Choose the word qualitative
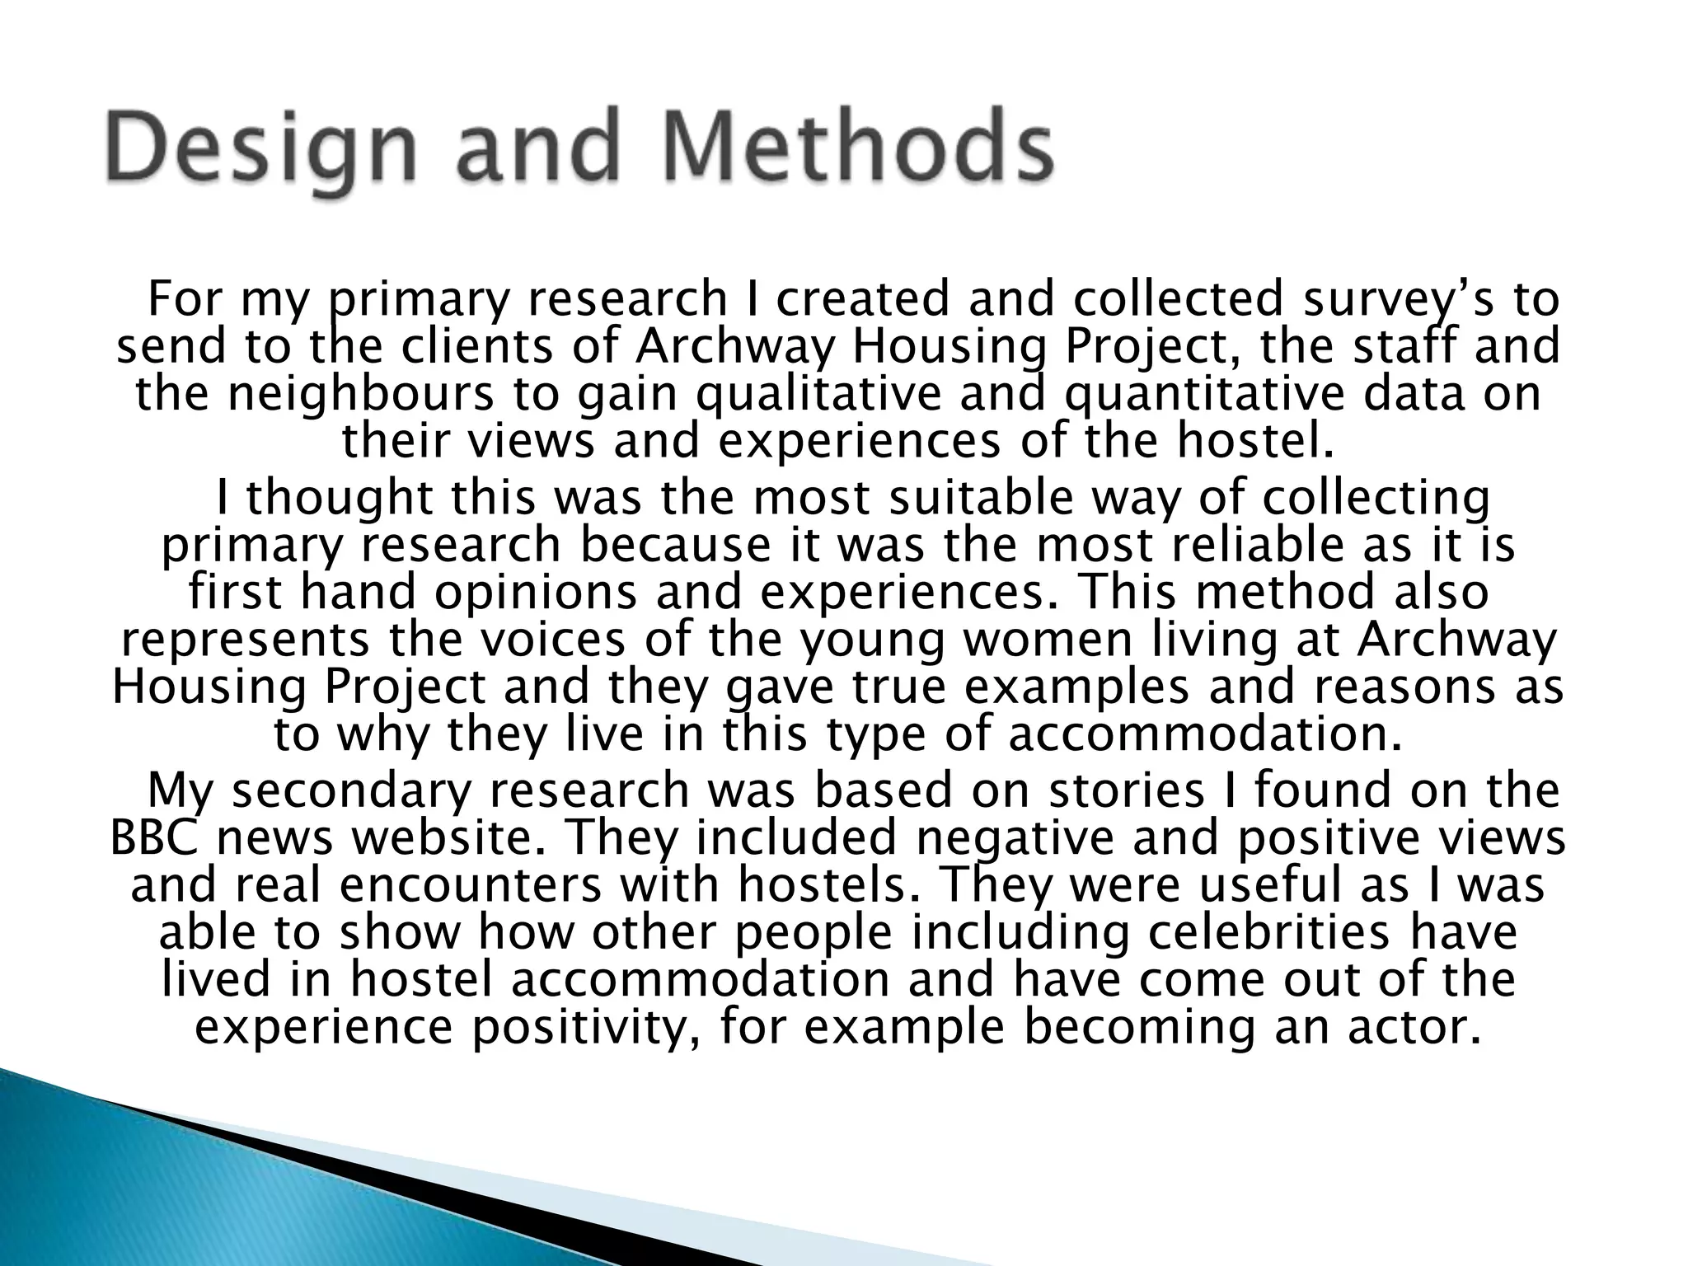click(x=819, y=394)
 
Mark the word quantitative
click(x=1203, y=394)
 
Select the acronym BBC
click(x=153, y=837)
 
